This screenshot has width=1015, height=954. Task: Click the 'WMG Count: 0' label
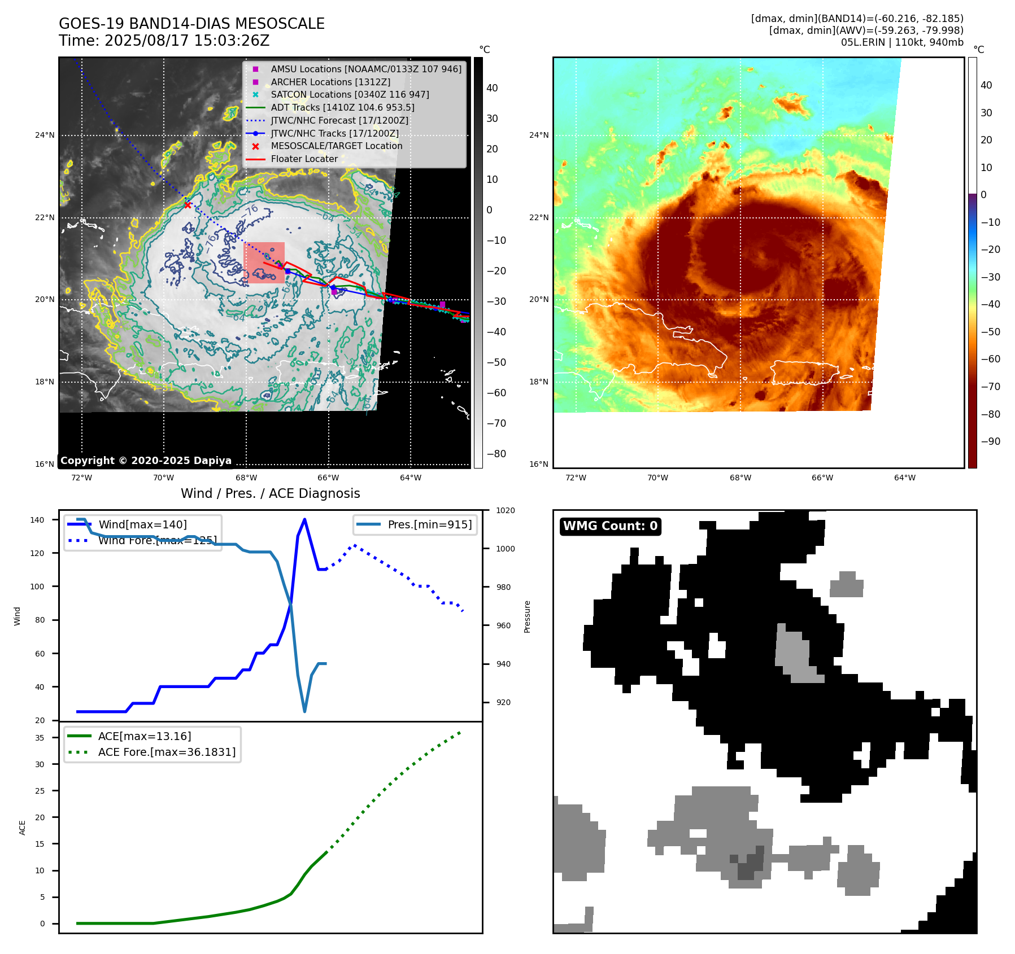pos(610,526)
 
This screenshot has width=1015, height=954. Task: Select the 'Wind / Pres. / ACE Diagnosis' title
pos(270,493)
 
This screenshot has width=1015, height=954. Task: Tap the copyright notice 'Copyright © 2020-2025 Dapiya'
pos(146,461)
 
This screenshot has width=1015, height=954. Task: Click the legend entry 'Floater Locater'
pos(304,159)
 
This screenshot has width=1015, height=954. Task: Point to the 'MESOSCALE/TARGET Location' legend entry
pos(336,146)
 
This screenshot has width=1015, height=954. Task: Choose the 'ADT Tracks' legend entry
pos(342,107)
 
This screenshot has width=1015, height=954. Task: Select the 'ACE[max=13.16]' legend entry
pos(144,736)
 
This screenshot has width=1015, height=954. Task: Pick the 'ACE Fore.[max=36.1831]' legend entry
pos(167,752)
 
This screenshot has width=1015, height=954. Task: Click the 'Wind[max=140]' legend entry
pos(142,524)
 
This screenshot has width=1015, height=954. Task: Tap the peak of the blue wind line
pos(304,519)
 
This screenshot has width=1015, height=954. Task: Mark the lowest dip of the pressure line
pos(304,711)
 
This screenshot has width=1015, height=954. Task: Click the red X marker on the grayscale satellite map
pos(188,205)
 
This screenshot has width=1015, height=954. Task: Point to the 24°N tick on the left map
pos(45,135)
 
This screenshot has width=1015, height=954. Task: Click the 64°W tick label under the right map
pos(904,478)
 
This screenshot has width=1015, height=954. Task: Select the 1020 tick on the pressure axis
pos(505,511)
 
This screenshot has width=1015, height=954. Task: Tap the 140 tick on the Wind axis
pos(37,520)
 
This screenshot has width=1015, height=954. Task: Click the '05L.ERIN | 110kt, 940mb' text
pos(901,42)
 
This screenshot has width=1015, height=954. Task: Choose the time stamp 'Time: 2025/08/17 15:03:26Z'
pos(164,41)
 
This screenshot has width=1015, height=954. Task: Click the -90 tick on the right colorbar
pos(990,441)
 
